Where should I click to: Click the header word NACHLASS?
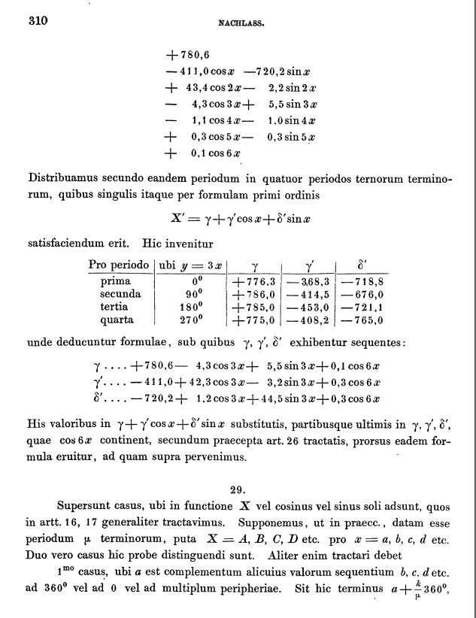click(239, 23)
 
